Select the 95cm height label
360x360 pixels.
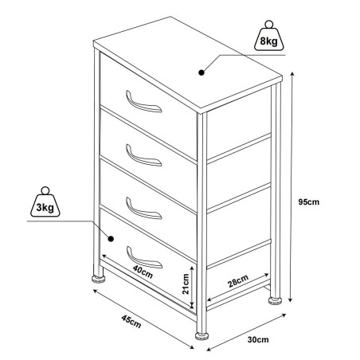pos(309,202)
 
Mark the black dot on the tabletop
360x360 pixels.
pos(202,72)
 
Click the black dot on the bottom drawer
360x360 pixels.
pos(111,237)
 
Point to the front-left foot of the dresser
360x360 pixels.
pos(100,280)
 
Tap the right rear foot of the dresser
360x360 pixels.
pos(276,300)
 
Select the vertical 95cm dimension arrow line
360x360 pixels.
pos(295,183)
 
